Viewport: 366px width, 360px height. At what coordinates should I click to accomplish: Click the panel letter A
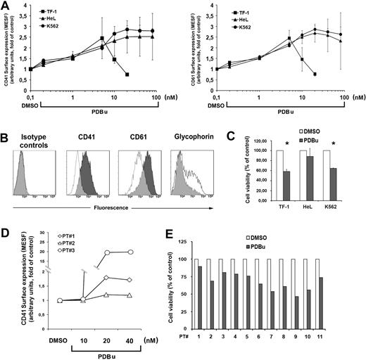point(6,6)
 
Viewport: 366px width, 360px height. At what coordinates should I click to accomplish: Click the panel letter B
point(6,127)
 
